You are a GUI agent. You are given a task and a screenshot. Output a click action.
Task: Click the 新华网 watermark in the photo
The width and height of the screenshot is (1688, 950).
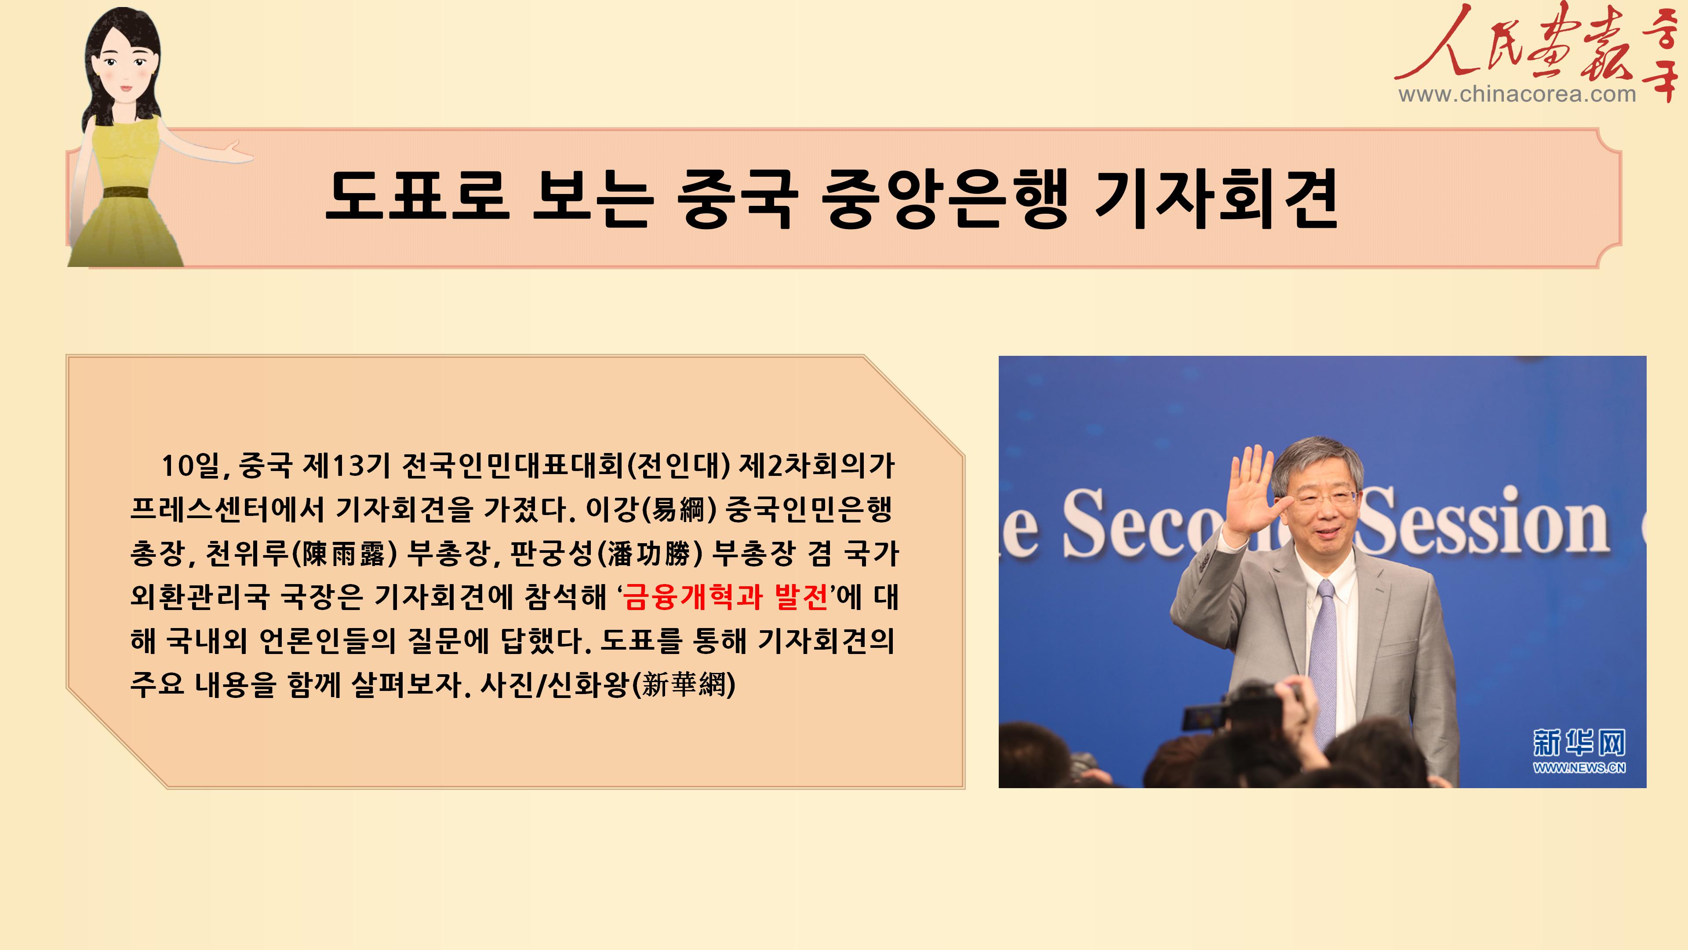[x=1579, y=742]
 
